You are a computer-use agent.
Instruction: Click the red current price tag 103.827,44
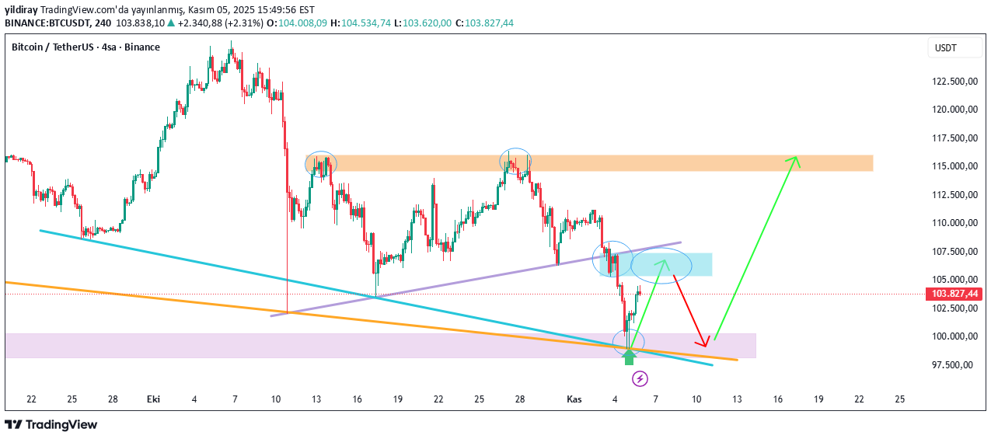point(953,294)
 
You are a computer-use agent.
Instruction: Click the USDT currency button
point(946,48)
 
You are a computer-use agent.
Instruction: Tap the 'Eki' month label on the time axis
point(153,399)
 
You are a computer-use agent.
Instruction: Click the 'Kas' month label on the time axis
point(574,399)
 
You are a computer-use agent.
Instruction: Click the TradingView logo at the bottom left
point(51,424)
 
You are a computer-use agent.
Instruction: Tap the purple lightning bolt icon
point(640,378)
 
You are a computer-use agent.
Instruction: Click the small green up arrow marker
point(629,357)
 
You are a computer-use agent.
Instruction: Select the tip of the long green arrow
point(796,158)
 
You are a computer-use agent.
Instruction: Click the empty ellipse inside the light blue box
point(661,266)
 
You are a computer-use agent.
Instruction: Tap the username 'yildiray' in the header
point(21,10)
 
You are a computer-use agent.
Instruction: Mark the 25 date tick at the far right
point(900,399)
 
